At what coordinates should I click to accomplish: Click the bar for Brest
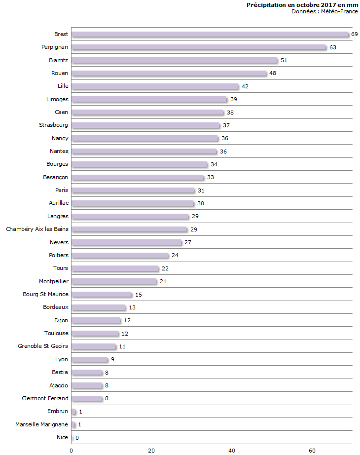click(210, 34)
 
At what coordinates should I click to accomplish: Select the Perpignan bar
click(199, 47)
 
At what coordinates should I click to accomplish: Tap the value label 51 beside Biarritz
click(284, 60)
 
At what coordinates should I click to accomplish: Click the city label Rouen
click(60, 73)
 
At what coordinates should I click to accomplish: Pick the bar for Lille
click(155, 86)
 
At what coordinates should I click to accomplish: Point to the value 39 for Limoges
click(234, 99)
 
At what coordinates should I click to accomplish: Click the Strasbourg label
click(54, 125)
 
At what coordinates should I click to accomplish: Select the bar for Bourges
click(139, 164)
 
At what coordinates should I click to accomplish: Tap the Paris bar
click(133, 190)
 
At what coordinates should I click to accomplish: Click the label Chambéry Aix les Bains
click(37, 229)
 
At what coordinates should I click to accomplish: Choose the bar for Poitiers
click(120, 255)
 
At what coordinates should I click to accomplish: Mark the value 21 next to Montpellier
click(164, 281)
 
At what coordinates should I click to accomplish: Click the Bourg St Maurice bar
click(102, 295)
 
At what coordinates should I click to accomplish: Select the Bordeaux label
click(56, 307)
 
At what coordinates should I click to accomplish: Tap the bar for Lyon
click(89, 359)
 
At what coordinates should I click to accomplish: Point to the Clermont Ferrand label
click(45, 398)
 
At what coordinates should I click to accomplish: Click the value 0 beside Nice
click(77, 438)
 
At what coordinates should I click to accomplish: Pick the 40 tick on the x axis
click(232, 450)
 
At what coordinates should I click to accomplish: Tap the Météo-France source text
click(324, 11)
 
